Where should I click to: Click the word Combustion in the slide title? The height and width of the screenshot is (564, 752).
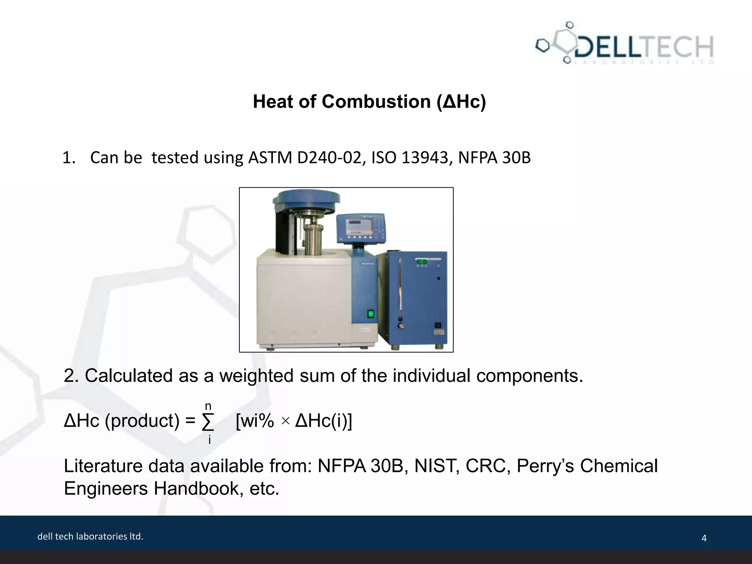[x=376, y=102]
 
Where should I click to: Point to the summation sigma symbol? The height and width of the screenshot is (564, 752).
[x=208, y=422]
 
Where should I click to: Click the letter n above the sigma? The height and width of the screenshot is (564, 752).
[x=208, y=406]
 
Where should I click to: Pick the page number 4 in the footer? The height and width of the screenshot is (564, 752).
[x=704, y=538]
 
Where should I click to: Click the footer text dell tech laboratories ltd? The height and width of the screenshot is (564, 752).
[x=90, y=536]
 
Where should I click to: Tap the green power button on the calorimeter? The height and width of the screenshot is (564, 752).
[x=371, y=314]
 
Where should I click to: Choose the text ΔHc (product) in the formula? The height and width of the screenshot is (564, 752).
[x=122, y=421]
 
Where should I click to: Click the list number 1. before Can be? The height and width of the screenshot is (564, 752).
[x=69, y=158]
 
